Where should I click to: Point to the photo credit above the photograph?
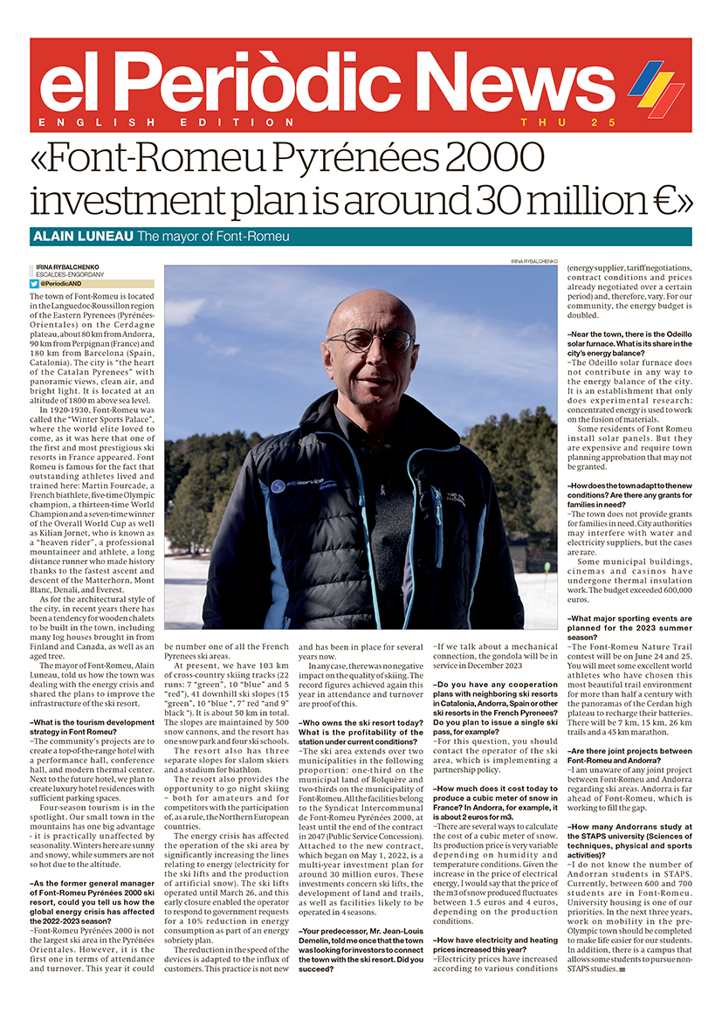point(534,262)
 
